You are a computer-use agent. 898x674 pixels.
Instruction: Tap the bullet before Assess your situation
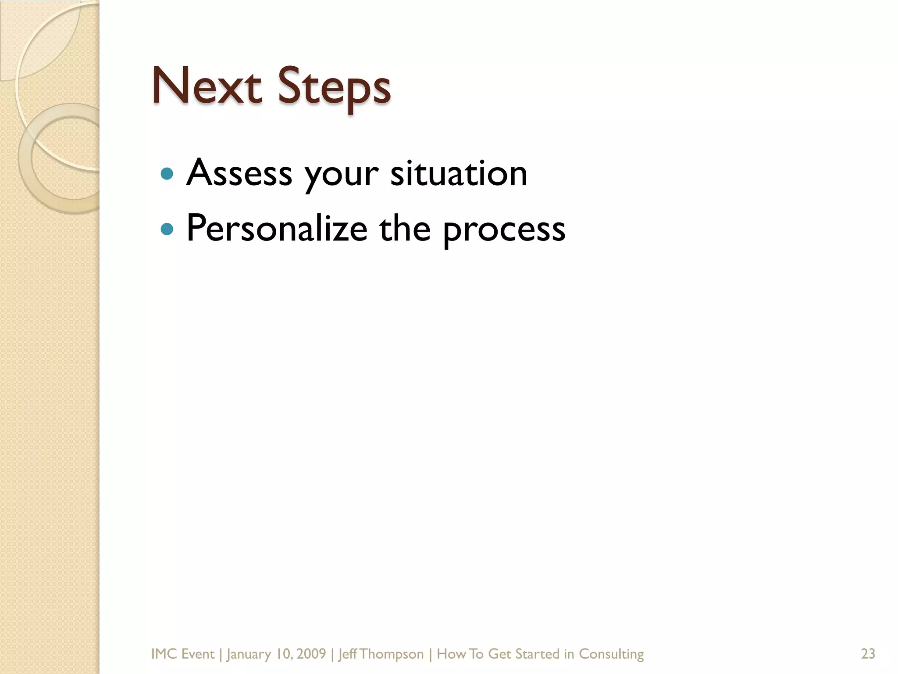167,174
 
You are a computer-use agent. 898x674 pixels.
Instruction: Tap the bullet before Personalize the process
167,229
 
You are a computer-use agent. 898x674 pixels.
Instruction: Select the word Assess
239,173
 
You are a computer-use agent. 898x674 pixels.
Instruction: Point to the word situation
459,173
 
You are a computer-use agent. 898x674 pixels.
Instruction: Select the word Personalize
277,229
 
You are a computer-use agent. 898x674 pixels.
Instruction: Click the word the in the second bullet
405,229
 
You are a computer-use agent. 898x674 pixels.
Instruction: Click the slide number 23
868,654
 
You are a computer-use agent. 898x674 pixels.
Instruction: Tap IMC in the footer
164,654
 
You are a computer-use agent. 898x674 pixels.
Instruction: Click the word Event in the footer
197,654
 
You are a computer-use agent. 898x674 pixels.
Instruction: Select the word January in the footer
249,654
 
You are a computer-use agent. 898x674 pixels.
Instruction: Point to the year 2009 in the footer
311,654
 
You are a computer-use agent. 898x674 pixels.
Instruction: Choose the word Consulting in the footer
611,654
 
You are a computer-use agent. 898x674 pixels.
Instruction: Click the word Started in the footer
538,654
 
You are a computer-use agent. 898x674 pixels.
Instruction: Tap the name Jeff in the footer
348,654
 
